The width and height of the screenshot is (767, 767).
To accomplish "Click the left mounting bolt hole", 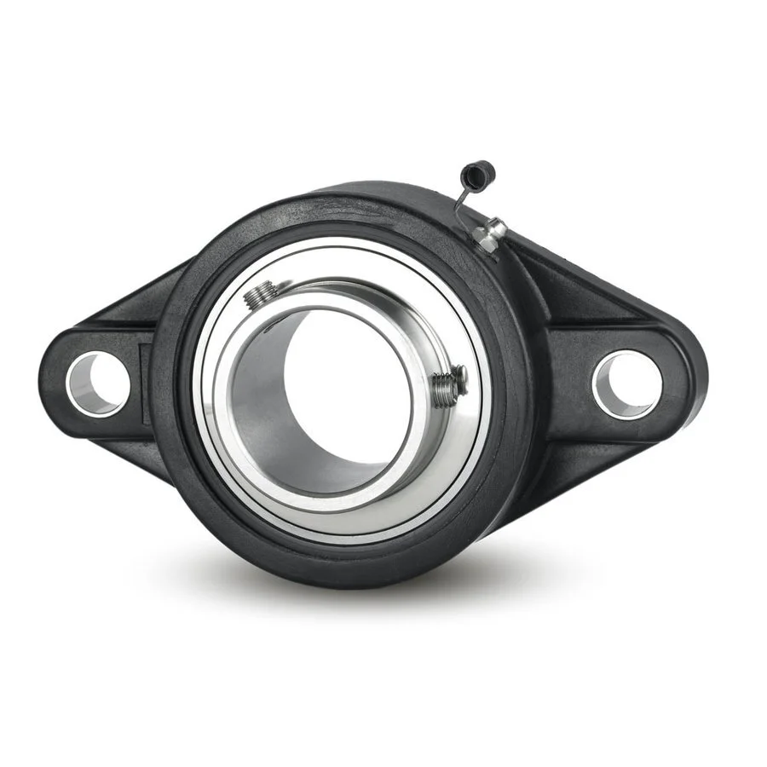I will (97, 383).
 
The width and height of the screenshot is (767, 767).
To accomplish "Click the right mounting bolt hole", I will (626, 384).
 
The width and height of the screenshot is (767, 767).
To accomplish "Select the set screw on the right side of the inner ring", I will (448, 384).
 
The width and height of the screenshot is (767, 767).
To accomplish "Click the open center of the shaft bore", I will (349, 375).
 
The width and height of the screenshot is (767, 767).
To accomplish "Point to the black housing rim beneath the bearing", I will (341, 567).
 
